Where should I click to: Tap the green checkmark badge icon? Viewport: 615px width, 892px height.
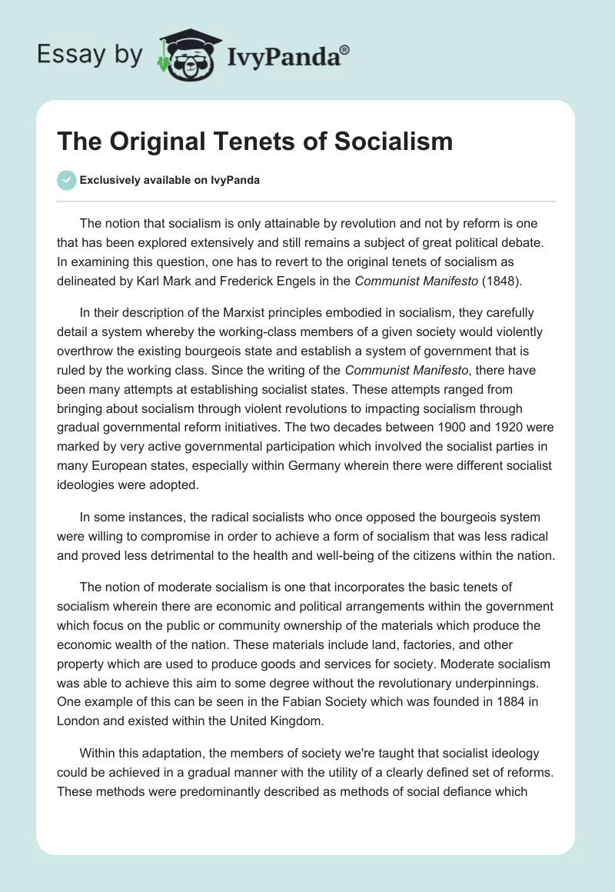pyautogui.click(x=66, y=180)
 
